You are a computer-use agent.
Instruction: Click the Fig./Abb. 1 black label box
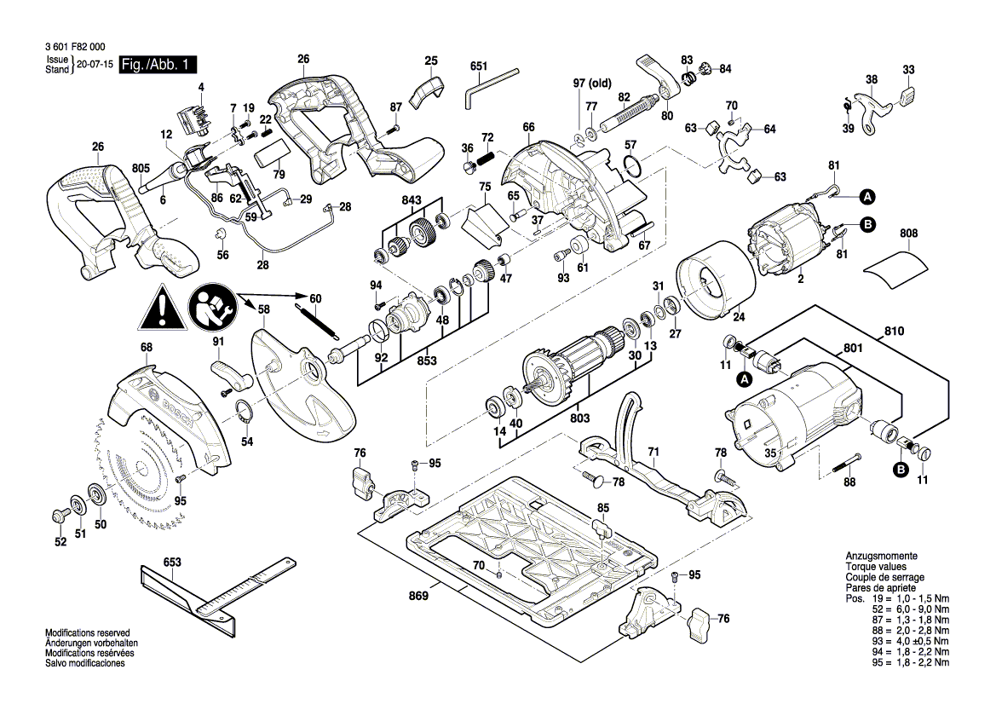[159, 65]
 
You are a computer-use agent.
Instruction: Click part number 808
[909, 232]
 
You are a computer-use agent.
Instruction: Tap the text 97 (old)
[592, 83]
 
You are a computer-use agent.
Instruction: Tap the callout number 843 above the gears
[411, 200]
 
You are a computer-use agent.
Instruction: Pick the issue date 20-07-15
[94, 65]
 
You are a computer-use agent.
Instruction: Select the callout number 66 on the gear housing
[528, 128]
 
